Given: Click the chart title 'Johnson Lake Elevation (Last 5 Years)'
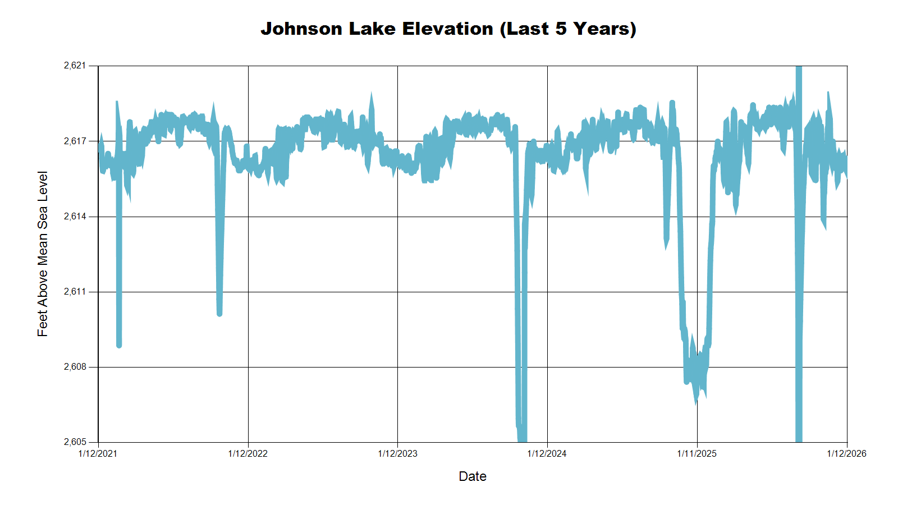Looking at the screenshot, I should click(x=448, y=29).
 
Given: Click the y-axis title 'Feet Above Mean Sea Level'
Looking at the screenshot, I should click(x=43, y=254).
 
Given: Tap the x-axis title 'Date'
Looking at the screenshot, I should click(x=473, y=476).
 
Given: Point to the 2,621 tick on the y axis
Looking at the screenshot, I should click(x=75, y=66).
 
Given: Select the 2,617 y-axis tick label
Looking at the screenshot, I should click(x=75, y=141).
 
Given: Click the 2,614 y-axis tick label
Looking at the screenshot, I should click(x=75, y=217).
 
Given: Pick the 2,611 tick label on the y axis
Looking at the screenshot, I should click(x=75, y=292).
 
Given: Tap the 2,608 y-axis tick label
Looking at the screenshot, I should click(x=75, y=367).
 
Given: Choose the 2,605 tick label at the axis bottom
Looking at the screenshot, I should click(x=75, y=442).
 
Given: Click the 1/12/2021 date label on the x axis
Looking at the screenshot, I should click(x=98, y=453).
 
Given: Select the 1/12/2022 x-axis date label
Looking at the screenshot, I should click(x=248, y=453).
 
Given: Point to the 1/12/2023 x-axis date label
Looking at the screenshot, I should click(x=398, y=453).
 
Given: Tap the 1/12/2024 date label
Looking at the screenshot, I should click(x=547, y=453).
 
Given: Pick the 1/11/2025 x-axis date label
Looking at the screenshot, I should click(x=697, y=453).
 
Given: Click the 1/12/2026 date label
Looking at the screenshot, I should click(x=846, y=453).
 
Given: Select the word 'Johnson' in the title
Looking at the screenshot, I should click(x=301, y=29).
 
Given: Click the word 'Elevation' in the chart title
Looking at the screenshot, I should click(x=448, y=29).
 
